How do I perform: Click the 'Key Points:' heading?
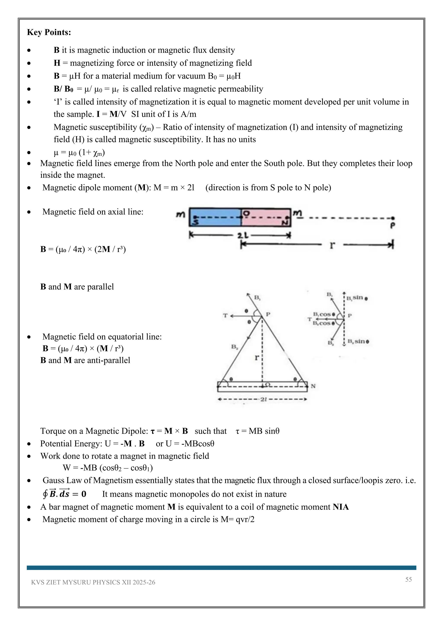click(x=49, y=32)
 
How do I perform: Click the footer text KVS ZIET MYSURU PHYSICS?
click(x=93, y=582)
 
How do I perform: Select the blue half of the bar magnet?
click(x=215, y=217)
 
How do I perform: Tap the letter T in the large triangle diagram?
click(x=225, y=316)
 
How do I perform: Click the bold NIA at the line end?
click(x=340, y=507)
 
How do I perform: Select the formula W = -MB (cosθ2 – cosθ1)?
click(x=108, y=468)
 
